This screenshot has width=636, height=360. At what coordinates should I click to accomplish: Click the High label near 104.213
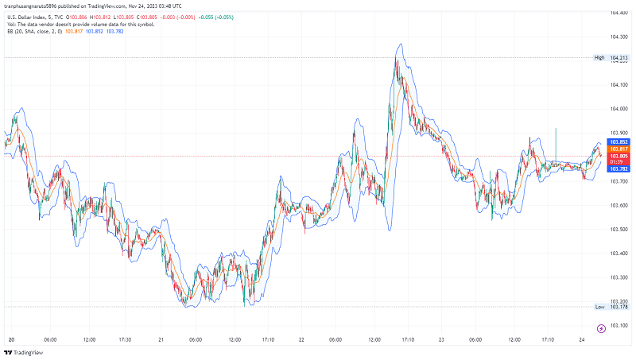[x=599, y=58]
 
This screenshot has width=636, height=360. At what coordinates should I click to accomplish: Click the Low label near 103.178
[x=599, y=307]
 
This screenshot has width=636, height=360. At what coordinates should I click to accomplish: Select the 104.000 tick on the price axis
[x=620, y=109]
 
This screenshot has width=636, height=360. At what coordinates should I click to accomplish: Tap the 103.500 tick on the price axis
[x=620, y=230]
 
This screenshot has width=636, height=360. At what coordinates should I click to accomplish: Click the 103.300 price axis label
[x=620, y=277]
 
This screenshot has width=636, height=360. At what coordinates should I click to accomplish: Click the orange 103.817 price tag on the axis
[x=619, y=149]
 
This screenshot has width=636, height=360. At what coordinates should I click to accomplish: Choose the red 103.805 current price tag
[x=619, y=156]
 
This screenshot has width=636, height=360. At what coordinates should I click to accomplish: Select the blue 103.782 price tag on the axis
[x=619, y=168]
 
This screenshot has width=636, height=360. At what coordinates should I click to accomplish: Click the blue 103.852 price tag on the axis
[x=619, y=141]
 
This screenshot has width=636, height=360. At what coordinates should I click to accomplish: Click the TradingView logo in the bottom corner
[x=23, y=352]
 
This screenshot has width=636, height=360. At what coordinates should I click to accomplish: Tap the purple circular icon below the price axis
[x=601, y=328]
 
